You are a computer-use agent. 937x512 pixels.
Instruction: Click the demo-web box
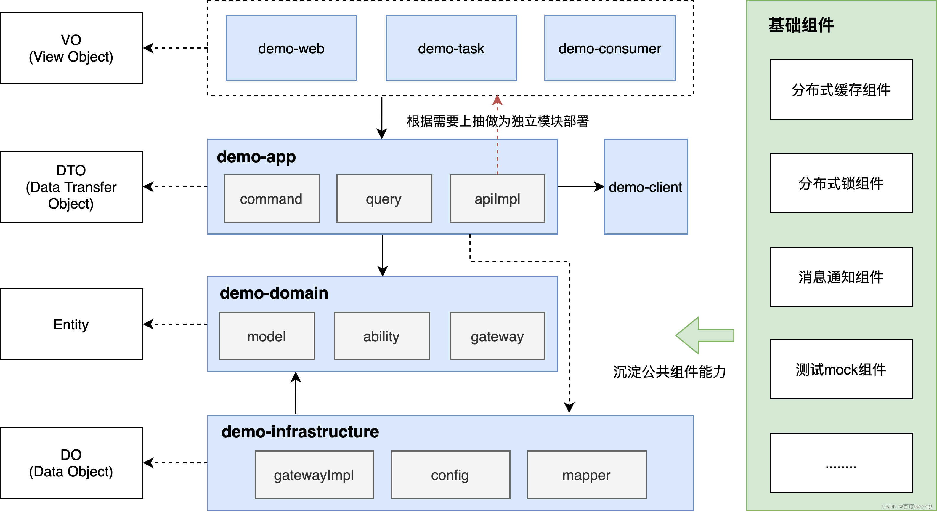coord(291,48)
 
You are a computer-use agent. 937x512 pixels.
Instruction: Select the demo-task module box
coord(451,48)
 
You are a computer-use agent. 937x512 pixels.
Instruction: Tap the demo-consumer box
coord(610,48)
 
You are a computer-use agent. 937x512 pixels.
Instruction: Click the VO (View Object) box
coord(71,48)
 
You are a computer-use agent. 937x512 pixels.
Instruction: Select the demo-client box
coord(646,187)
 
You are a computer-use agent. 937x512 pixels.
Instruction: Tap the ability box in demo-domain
coord(381,336)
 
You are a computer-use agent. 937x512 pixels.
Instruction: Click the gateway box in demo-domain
coord(497,336)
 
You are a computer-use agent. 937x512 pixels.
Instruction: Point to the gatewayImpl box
coord(314,475)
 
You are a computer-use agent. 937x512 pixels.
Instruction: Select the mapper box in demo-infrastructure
coord(586,475)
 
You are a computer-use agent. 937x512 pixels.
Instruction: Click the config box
coord(450,475)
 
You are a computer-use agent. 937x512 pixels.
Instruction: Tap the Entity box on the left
coord(71,324)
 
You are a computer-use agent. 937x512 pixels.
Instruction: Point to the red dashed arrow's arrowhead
coord(497,100)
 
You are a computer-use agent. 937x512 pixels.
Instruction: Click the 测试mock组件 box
coord(841,369)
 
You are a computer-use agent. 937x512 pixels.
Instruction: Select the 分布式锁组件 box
coord(841,183)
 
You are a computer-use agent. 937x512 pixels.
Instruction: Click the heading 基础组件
coord(801,25)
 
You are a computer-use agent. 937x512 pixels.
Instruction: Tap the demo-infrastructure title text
coord(300,432)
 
